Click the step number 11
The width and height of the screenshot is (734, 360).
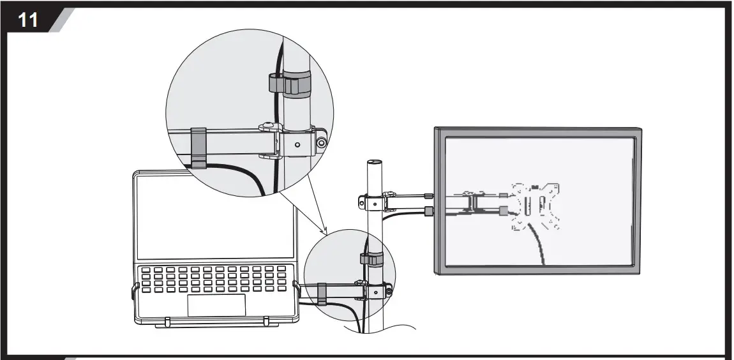(x=27, y=20)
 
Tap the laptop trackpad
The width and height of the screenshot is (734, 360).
(x=216, y=305)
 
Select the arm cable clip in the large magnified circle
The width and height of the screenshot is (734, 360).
(x=198, y=147)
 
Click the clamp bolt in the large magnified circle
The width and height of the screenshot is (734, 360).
(x=322, y=143)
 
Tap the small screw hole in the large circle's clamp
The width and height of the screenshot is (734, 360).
(x=297, y=145)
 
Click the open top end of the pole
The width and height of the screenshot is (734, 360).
(x=373, y=163)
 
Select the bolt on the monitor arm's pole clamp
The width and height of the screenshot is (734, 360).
(x=362, y=204)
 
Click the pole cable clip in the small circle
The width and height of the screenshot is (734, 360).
(x=372, y=259)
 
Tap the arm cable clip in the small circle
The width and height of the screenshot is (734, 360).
(x=322, y=294)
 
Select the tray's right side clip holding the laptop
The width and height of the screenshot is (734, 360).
(x=295, y=287)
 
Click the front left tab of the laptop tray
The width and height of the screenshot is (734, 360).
(x=167, y=322)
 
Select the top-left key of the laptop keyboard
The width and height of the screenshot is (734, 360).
(x=145, y=270)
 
